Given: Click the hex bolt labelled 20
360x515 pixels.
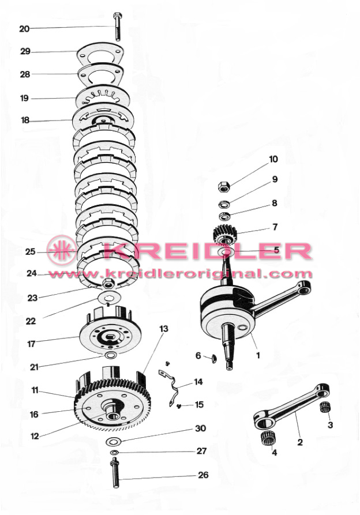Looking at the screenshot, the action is click(x=117, y=27).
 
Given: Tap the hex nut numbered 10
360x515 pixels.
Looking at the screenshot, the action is click(x=224, y=187).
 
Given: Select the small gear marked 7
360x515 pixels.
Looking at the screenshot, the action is click(x=225, y=234).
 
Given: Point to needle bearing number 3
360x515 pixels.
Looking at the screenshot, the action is click(x=325, y=407).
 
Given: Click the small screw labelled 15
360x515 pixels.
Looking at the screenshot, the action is click(x=179, y=406).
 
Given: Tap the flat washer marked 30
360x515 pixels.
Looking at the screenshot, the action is click(x=114, y=441).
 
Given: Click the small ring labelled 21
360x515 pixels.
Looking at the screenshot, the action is click(x=110, y=355).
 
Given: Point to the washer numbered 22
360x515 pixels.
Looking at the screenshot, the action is click(x=110, y=298).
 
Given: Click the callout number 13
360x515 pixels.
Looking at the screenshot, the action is click(x=164, y=329).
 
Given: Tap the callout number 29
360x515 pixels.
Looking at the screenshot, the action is click(x=25, y=51).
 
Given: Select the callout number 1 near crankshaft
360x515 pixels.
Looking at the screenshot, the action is click(x=258, y=355).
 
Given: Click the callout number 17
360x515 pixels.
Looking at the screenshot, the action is click(x=31, y=344).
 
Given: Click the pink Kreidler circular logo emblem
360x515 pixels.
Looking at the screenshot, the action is click(x=62, y=250).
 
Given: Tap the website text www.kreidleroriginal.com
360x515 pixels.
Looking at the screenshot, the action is click(x=180, y=273).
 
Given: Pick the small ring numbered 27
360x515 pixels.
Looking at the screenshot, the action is click(x=114, y=453).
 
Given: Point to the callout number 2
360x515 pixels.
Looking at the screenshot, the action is click(x=300, y=442).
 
